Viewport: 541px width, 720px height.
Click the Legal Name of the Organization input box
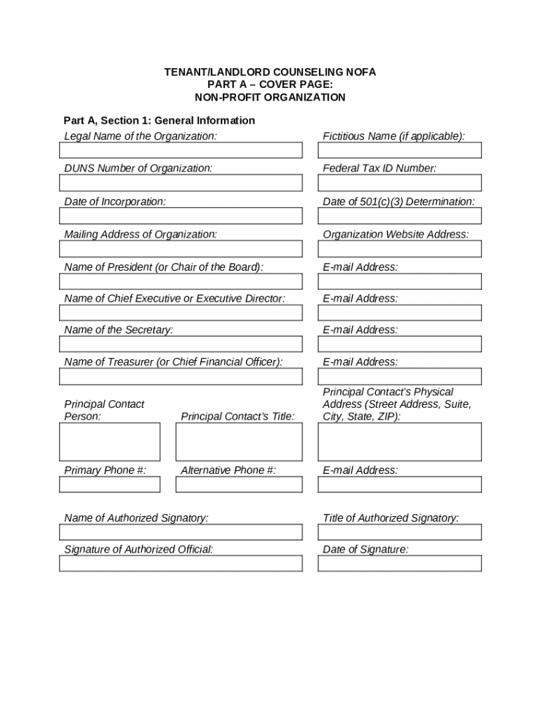tap(181, 150)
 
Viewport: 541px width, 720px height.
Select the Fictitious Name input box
tap(400, 150)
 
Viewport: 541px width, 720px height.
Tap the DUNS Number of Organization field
tap(181, 183)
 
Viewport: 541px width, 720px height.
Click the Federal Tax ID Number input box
tap(400, 183)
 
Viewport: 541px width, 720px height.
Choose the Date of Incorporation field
tap(181, 216)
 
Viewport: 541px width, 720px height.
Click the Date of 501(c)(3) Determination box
tap(400, 216)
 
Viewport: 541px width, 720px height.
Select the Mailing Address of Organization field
tap(181, 249)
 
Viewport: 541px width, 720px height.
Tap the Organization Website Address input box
tap(400, 249)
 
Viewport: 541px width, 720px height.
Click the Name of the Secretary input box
tap(181, 344)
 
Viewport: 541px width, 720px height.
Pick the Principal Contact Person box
tap(110, 442)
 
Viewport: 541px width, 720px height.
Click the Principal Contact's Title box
tap(239, 442)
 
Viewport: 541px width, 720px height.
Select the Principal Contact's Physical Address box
tap(400, 442)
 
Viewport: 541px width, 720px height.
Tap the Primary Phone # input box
tap(110, 484)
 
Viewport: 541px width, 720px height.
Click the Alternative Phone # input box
tap(239, 484)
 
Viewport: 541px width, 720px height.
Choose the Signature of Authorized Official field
tap(181, 563)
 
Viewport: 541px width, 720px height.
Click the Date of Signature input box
tap(400, 563)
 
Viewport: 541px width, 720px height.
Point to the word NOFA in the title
tap(360, 72)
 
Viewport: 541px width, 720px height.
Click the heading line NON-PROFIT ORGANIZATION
tap(270, 97)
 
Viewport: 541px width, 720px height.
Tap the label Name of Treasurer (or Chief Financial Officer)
tap(174, 362)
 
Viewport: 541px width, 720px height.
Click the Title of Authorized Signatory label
tap(391, 518)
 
